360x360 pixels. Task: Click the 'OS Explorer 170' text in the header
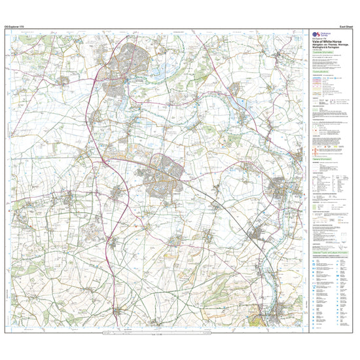point(15,26)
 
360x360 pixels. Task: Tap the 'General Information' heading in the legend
point(320,157)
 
